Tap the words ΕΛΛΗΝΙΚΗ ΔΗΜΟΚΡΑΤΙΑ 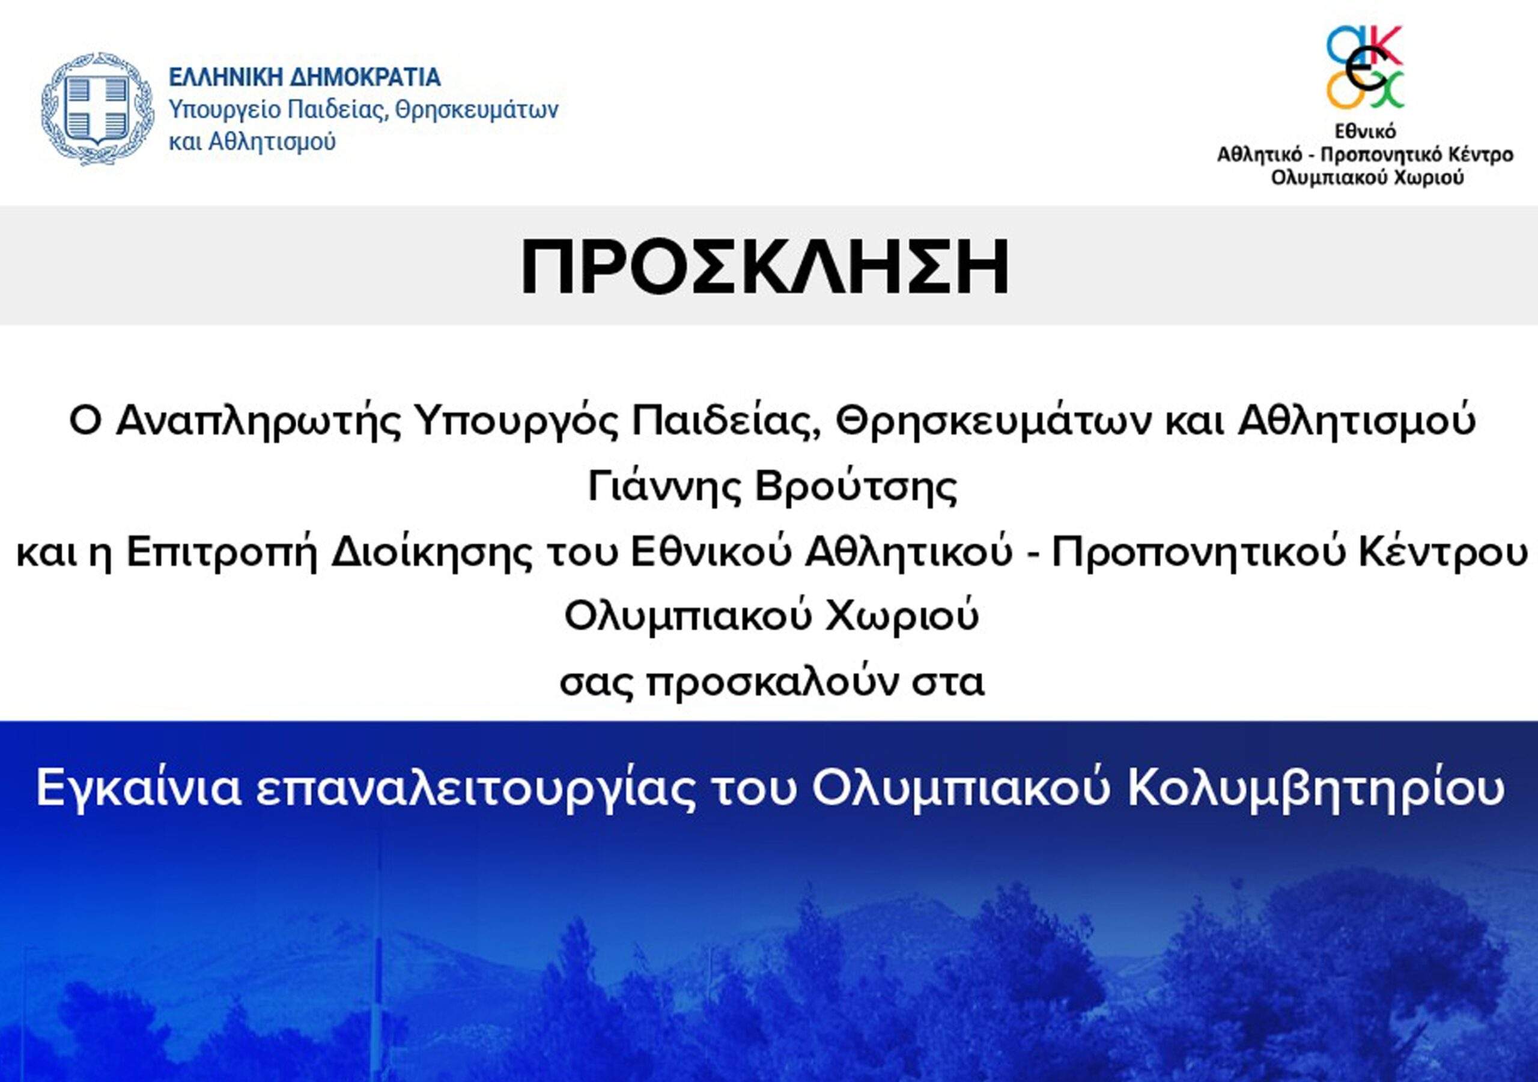pyautogui.click(x=305, y=77)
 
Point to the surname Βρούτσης pyautogui.click(x=856, y=488)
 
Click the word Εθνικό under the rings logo pyautogui.click(x=1364, y=132)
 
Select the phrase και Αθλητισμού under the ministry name pyautogui.click(x=252, y=142)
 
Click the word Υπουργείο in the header pyautogui.click(x=222, y=110)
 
